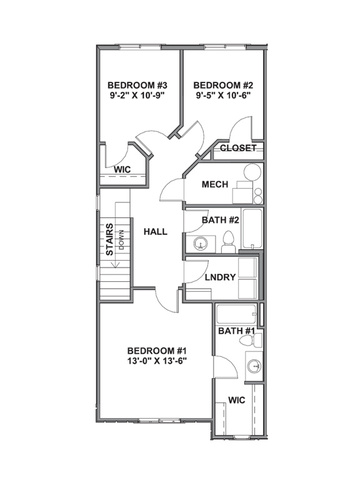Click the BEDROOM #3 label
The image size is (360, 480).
coord(137,85)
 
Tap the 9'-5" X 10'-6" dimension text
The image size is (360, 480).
coord(223,95)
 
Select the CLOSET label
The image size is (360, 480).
coord(238,148)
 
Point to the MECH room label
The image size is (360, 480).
coord(215,184)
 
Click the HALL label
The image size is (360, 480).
coord(155,232)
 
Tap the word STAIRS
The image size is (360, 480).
coord(109,239)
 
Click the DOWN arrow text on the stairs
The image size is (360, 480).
coord(121,239)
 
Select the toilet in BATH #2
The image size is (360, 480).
coord(228,242)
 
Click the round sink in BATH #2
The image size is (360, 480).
coord(200,244)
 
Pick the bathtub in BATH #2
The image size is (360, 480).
coord(252,229)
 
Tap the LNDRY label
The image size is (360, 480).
coord(220,277)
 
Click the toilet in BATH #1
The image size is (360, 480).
coord(250,341)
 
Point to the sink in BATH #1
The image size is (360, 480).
coord(255,366)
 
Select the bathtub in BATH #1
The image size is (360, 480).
coord(236,314)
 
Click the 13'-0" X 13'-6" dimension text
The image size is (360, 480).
coord(157,361)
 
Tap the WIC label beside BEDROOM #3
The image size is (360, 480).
coord(122,169)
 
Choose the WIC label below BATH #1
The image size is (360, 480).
coord(237,400)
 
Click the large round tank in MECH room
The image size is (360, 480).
coord(252,172)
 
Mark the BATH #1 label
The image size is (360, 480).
coord(236,331)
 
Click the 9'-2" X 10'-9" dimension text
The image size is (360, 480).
coord(137,95)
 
